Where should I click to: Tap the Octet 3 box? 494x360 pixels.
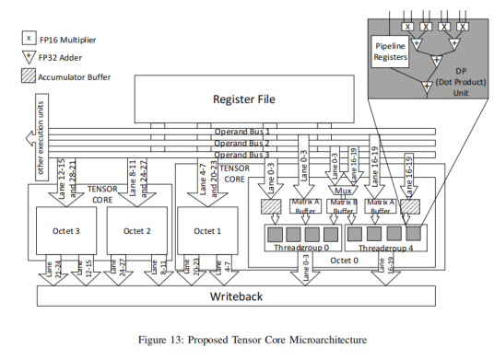pyautogui.click(x=62, y=230)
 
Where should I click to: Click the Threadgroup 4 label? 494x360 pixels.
pyautogui.click(x=382, y=248)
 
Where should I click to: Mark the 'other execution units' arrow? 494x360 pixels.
pyautogui.click(x=38, y=138)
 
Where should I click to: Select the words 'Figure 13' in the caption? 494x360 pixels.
pyautogui.click(x=167, y=340)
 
